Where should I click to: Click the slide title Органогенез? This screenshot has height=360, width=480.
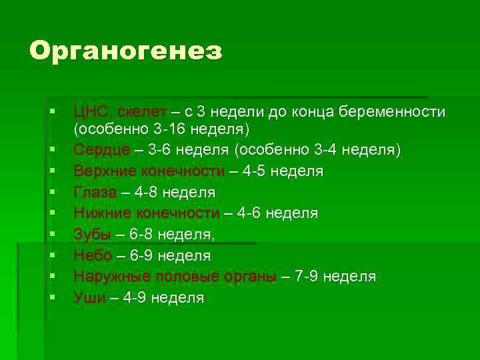125,52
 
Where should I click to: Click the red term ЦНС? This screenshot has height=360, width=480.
92,111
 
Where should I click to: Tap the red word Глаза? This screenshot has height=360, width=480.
95,193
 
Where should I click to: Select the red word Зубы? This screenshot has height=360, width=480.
92,235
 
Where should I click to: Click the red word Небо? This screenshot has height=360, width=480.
93,255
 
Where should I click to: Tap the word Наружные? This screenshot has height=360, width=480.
111,276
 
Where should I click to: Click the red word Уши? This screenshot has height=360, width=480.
89,297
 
